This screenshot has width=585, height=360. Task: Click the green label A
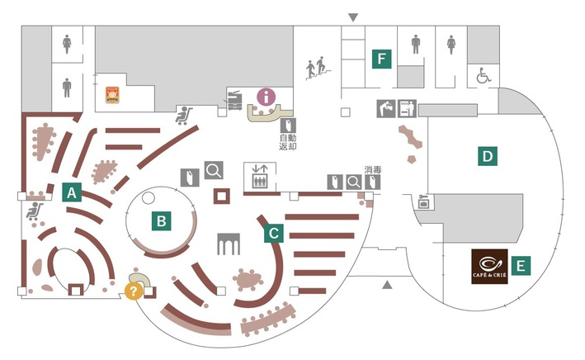pyautogui.click(x=73, y=192)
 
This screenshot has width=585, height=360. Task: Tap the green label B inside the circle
pyautogui.click(x=162, y=220)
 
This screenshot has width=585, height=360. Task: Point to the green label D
pyautogui.click(x=488, y=154)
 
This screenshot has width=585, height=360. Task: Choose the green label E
pyautogui.click(x=520, y=265)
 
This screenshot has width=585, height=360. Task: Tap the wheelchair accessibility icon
pyautogui.click(x=482, y=78)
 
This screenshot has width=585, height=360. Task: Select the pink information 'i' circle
pyautogui.click(x=266, y=96)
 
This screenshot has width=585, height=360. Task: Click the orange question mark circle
pyautogui.click(x=131, y=291)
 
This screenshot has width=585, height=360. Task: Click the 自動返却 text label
pyautogui.click(x=288, y=141)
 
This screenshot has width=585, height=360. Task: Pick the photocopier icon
pyautogui.click(x=234, y=99)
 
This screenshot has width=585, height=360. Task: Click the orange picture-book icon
pyautogui.click(x=111, y=95)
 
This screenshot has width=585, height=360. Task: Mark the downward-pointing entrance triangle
pyautogui.click(x=353, y=17)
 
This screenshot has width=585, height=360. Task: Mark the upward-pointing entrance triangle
pyautogui.click(x=386, y=286)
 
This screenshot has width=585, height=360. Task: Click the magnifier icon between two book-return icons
pyautogui.click(x=353, y=182)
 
